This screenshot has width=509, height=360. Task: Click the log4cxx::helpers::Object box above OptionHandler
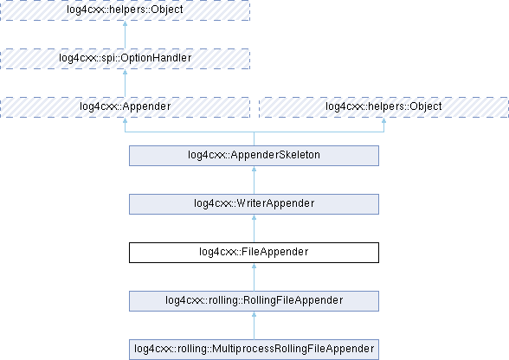(x=125, y=10)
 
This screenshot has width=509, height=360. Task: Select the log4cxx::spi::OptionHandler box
(x=125, y=59)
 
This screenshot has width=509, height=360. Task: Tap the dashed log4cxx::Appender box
(x=125, y=107)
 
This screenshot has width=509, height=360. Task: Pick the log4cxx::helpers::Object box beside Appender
(x=383, y=107)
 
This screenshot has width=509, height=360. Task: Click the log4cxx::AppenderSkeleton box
(x=254, y=156)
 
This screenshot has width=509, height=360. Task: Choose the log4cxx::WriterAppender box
(x=254, y=204)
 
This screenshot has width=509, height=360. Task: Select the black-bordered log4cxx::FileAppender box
(x=254, y=253)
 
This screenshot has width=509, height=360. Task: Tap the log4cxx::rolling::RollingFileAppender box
(x=254, y=301)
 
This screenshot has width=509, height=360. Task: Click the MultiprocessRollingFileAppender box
(x=254, y=350)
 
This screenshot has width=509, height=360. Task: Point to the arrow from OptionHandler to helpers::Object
(x=125, y=35)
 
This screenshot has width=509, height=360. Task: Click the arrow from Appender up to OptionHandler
(x=125, y=83)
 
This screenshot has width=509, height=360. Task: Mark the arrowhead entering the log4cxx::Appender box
(x=125, y=120)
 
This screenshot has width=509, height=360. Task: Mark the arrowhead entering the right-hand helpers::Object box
(x=383, y=120)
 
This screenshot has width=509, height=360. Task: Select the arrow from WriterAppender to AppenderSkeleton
(x=254, y=180)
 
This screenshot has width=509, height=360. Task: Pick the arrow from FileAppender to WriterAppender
(x=254, y=228)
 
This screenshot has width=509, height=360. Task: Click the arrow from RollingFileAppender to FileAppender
(x=254, y=277)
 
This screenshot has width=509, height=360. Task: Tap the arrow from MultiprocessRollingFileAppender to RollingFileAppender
(x=254, y=325)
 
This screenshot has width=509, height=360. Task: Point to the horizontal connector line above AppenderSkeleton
(x=254, y=132)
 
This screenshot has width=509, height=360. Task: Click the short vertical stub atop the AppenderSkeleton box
(x=254, y=138)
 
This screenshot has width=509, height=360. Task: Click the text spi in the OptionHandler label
(x=98, y=58)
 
